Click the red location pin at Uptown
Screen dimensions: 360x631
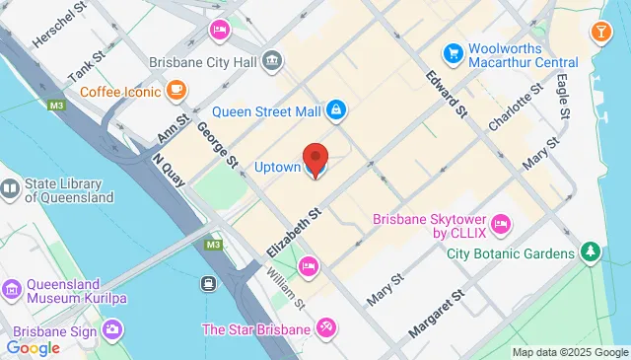[315, 159]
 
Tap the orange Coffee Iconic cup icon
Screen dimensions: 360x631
[176, 92]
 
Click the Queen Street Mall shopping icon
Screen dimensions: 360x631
[336, 109]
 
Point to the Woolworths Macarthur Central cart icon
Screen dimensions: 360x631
[453, 51]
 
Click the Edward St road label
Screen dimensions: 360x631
[447, 94]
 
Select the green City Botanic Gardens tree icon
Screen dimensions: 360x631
[591, 253]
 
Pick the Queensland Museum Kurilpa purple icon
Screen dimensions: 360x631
[11, 289]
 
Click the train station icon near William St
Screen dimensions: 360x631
[210, 284]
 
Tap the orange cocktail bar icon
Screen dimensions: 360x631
[599, 33]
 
